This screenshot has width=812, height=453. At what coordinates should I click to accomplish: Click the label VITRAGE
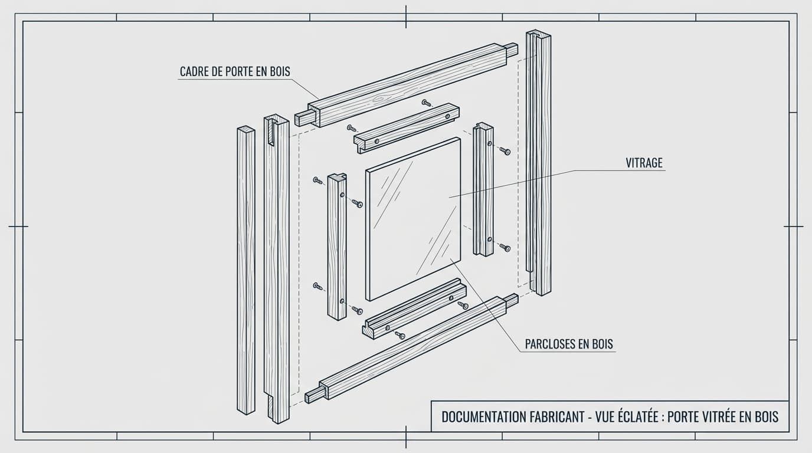[x=644, y=163]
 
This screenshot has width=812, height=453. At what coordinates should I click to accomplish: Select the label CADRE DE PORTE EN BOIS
[x=235, y=72]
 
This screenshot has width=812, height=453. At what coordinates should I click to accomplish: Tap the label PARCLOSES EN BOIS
[x=569, y=344]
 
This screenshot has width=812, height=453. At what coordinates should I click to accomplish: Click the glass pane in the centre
[x=413, y=218]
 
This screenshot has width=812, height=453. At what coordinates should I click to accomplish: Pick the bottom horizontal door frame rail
[x=413, y=348]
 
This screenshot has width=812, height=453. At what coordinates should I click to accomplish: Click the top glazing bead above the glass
[x=407, y=127]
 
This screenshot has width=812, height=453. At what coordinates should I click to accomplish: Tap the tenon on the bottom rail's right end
[x=511, y=300]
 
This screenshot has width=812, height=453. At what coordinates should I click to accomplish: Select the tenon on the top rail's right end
[x=512, y=50]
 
